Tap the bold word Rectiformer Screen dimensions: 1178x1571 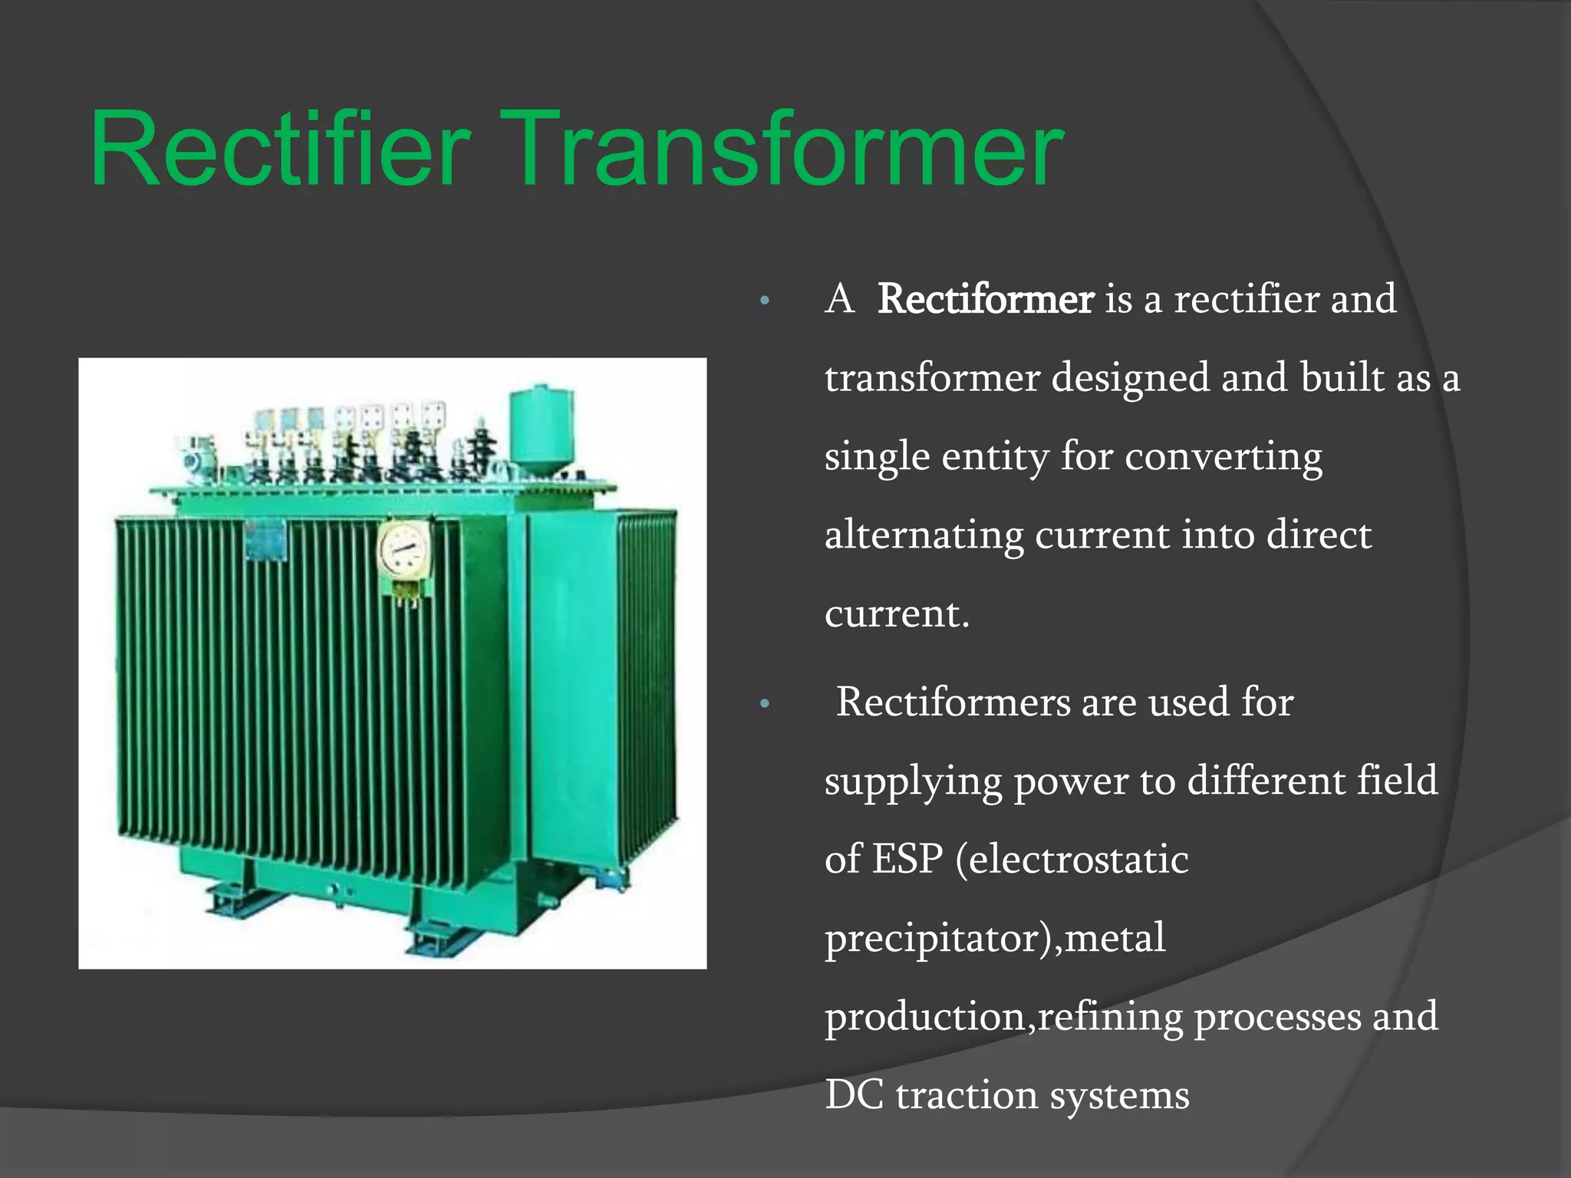(985, 298)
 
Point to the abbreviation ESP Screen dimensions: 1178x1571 (907, 859)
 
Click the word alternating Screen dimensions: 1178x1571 (924, 535)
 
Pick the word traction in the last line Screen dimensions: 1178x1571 (966, 1094)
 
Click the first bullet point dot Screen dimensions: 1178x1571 (763, 301)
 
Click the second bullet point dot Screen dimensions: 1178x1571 (763, 704)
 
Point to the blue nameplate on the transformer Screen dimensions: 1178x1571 (265, 540)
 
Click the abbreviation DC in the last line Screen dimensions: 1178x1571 (854, 1094)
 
